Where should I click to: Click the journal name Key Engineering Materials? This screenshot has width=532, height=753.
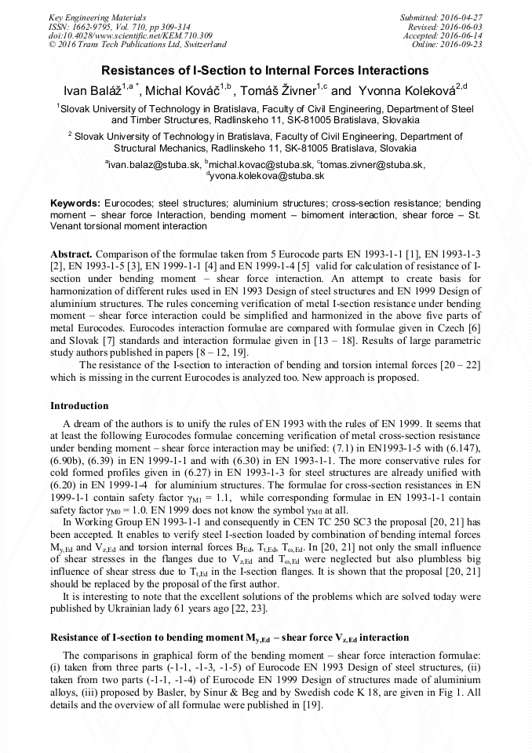pyautogui.click(x=96, y=17)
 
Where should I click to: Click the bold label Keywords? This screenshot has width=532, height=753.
pyautogui.click(x=75, y=203)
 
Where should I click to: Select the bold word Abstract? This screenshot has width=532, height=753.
pyautogui.click(x=71, y=255)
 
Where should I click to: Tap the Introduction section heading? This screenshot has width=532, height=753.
pyautogui.click(x=79, y=406)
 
